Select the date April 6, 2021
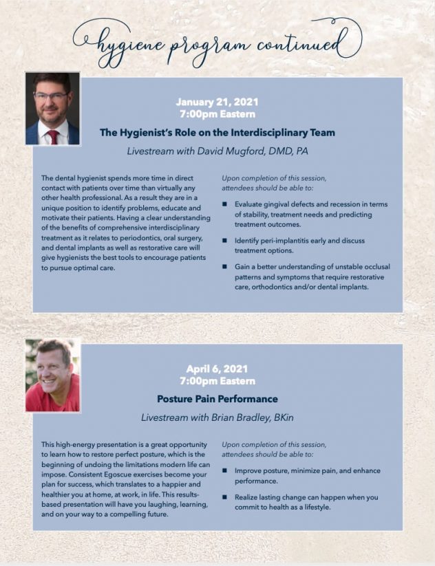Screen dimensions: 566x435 pos(217,369)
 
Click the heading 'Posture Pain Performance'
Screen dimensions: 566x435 pos(217,399)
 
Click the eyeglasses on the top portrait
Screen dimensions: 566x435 pos(51,96)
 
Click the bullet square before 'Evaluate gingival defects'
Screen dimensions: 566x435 pos(224,204)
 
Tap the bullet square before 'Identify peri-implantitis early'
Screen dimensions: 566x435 pos(224,241)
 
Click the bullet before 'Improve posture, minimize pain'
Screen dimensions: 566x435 pos(224,471)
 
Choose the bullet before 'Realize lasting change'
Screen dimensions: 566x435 pos(224,497)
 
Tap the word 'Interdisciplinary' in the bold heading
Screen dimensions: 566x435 pos(281,133)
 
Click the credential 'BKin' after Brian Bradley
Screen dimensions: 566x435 pos(281,417)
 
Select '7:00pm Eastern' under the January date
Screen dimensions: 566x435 pos(217,114)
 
